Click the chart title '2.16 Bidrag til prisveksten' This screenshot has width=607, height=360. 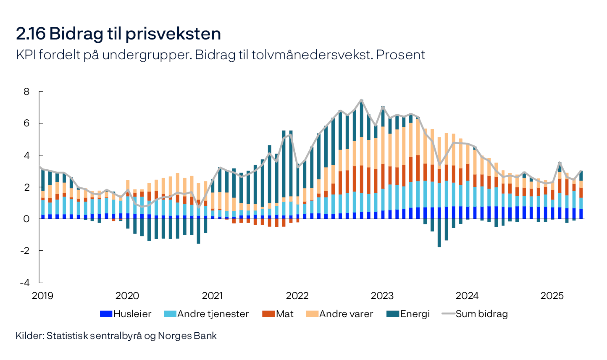click(118, 34)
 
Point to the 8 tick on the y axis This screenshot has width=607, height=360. click(26, 92)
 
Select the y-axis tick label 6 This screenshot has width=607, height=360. click(26, 124)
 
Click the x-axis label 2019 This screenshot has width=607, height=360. click(42, 296)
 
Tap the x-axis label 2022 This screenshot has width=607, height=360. click(297, 296)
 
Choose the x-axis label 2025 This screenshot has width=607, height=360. click(552, 296)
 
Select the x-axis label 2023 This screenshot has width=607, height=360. click(382, 296)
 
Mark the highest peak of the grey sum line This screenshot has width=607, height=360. click(361, 100)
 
